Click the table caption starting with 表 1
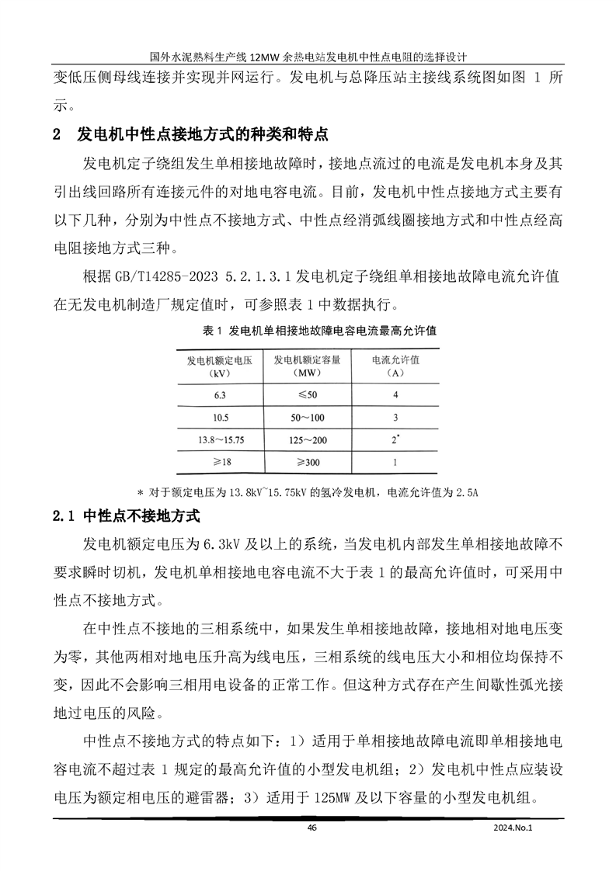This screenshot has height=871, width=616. pyautogui.click(x=319, y=331)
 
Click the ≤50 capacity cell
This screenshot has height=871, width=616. pyautogui.click(x=308, y=394)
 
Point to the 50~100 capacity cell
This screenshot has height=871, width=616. pyautogui.click(x=308, y=417)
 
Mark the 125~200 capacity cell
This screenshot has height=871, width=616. pyautogui.click(x=308, y=440)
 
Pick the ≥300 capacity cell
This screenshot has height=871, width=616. pyautogui.click(x=308, y=463)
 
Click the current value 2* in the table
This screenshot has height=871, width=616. pyautogui.click(x=395, y=440)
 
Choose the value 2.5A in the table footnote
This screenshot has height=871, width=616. pyautogui.click(x=464, y=492)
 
